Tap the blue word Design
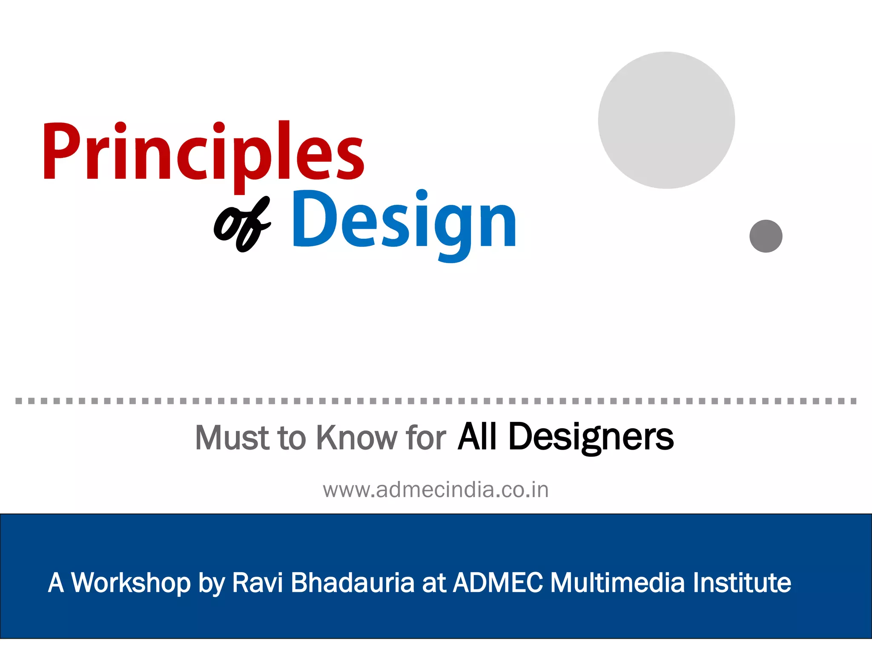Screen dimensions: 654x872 (x=404, y=221)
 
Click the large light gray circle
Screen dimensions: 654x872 (x=666, y=120)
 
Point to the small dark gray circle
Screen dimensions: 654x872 (x=766, y=236)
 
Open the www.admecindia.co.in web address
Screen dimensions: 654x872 (x=436, y=490)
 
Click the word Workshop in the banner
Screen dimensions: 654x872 (x=131, y=582)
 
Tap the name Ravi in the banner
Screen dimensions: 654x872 (x=257, y=582)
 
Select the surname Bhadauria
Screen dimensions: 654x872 (x=353, y=582)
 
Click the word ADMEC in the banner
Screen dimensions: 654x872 (x=498, y=582)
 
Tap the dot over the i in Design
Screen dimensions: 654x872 (x=422, y=195)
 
